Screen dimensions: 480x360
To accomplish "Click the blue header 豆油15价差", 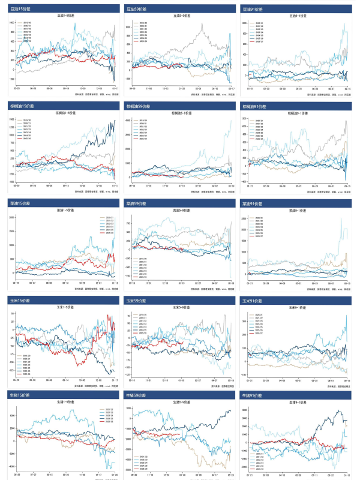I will [x=19, y=9].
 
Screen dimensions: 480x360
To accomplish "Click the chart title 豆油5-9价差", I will [x=180, y=16].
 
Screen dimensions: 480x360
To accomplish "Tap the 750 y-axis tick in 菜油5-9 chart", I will [x=128, y=223].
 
